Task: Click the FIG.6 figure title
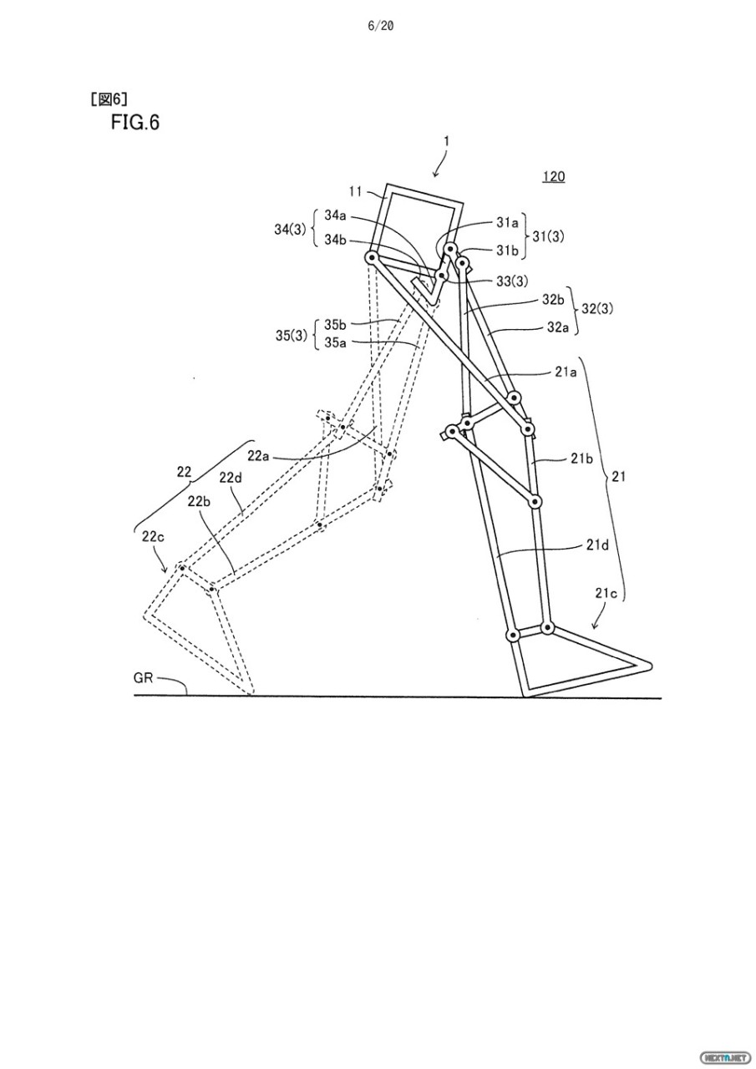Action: (x=134, y=123)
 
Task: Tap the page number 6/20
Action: (x=380, y=26)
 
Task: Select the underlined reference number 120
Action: (x=553, y=176)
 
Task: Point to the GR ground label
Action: (x=143, y=678)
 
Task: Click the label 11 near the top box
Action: (x=356, y=192)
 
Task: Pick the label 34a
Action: (x=336, y=215)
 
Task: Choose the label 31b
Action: (x=507, y=250)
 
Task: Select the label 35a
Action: (x=336, y=342)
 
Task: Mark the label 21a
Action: (x=566, y=372)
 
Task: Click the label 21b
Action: (x=581, y=459)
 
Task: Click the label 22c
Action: (x=153, y=538)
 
